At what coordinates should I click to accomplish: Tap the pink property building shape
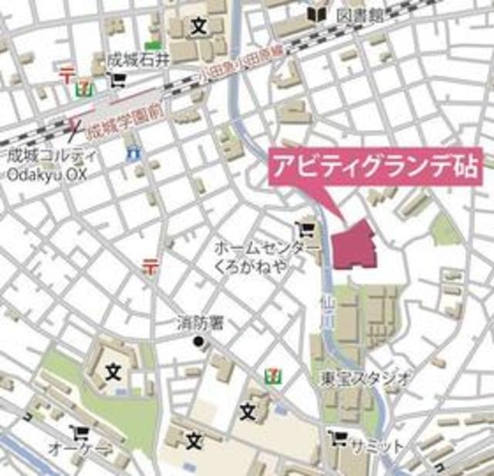(x=354, y=246)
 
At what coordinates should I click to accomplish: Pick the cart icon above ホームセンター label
(x=306, y=229)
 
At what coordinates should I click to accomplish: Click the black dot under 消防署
(x=198, y=340)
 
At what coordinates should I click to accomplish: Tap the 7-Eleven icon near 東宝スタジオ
(x=275, y=374)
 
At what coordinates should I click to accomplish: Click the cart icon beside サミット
(x=337, y=440)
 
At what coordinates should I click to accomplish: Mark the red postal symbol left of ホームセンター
(x=150, y=268)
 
